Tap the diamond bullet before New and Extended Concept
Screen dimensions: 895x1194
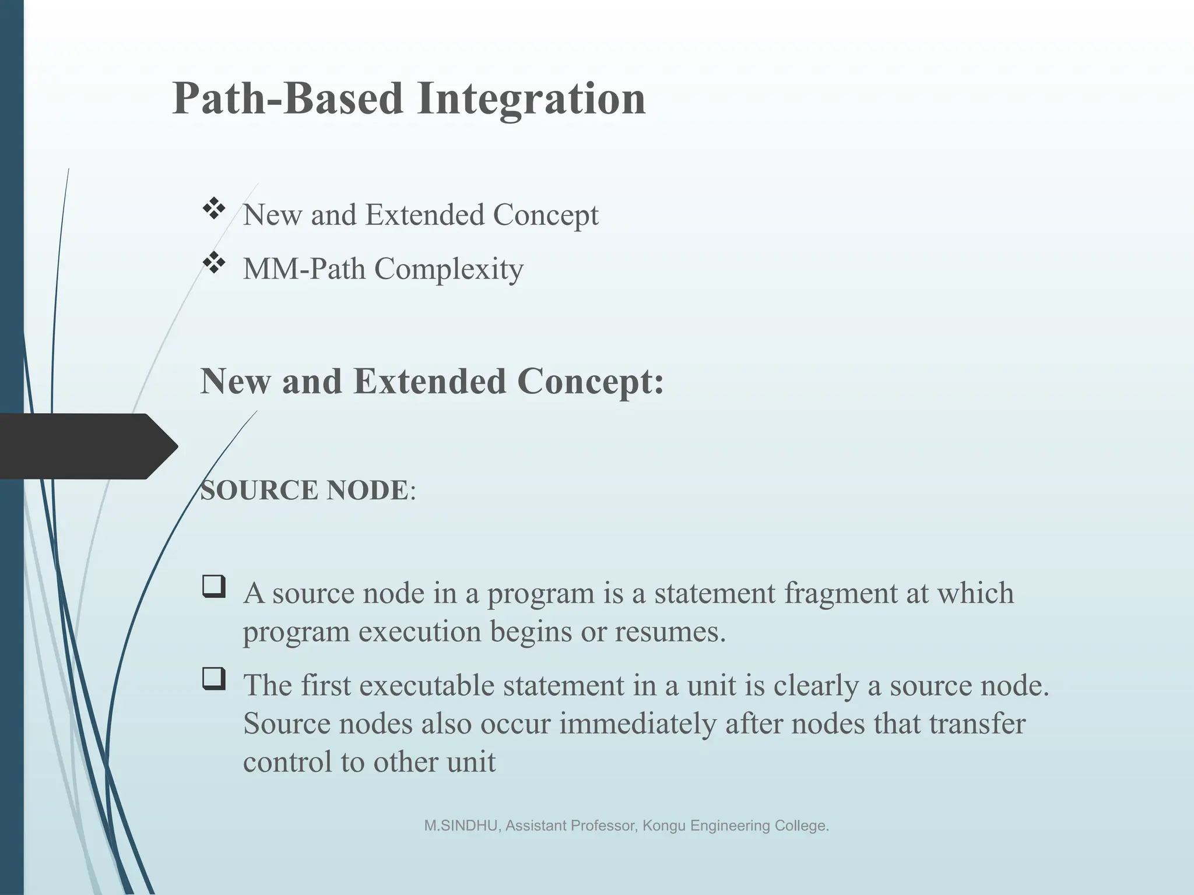[x=214, y=209]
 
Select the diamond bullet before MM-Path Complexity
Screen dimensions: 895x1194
[x=214, y=263]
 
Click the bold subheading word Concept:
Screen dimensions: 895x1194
[x=590, y=382]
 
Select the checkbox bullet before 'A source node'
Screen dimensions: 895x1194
[x=214, y=587]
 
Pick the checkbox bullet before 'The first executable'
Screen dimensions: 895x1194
[x=214, y=679]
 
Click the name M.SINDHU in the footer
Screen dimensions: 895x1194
[x=460, y=826]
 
